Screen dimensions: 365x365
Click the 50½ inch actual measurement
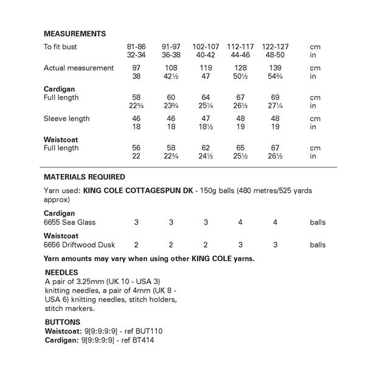(x=240, y=77)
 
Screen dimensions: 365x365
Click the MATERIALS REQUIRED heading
(x=85, y=177)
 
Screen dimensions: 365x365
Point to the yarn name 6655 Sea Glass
(x=70, y=223)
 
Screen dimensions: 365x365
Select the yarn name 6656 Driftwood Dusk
(x=79, y=245)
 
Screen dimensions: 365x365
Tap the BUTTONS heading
(x=63, y=322)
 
